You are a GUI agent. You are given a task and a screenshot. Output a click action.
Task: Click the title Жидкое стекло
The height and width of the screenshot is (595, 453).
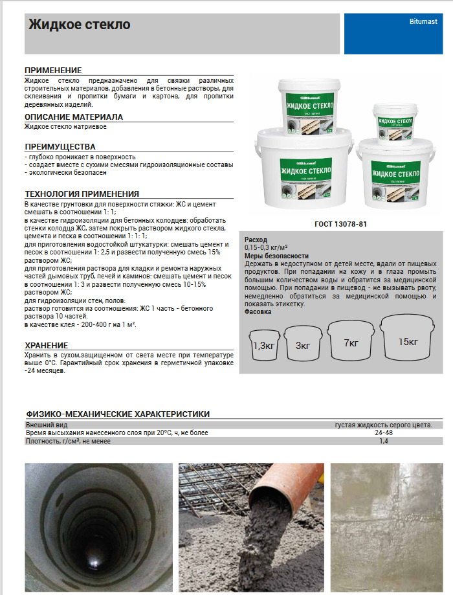pos(80,25)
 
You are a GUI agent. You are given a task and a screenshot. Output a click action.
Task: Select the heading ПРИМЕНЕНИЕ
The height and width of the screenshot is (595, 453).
pos(53,70)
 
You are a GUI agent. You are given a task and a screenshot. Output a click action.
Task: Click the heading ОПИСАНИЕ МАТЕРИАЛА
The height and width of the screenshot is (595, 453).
pos(74,117)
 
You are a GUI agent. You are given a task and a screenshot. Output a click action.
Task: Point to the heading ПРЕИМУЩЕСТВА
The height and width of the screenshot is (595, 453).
pos(60,146)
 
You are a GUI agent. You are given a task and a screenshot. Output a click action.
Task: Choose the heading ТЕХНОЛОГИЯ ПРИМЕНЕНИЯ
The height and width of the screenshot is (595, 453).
pos(82,193)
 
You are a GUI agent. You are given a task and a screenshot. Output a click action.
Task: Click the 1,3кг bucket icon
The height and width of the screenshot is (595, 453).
pos(265,344)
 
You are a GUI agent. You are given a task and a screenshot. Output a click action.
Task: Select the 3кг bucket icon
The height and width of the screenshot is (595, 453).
pos(303,344)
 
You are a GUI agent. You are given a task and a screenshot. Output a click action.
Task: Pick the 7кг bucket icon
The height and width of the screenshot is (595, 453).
pos(351,341)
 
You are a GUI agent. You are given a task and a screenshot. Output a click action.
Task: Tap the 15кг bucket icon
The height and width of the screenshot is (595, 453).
pos(407,339)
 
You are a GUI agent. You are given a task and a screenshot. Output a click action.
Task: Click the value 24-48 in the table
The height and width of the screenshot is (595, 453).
pos(383,432)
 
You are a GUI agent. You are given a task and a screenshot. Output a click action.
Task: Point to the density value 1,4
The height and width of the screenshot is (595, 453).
pos(383,441)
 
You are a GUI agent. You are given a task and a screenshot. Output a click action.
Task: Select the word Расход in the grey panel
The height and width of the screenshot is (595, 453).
pos(256,240)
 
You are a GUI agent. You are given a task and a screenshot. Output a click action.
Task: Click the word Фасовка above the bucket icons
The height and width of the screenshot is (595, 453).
pos(258,311)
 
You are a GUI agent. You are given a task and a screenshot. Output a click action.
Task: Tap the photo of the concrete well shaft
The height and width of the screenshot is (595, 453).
pos(98,528)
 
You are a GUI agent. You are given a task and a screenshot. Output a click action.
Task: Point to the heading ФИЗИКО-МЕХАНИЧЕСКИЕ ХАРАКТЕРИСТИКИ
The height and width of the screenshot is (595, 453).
pos(117,414)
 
